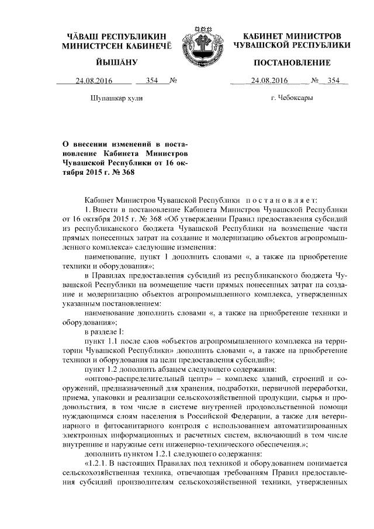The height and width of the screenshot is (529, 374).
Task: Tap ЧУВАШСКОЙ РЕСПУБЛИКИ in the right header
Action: point(292,44)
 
